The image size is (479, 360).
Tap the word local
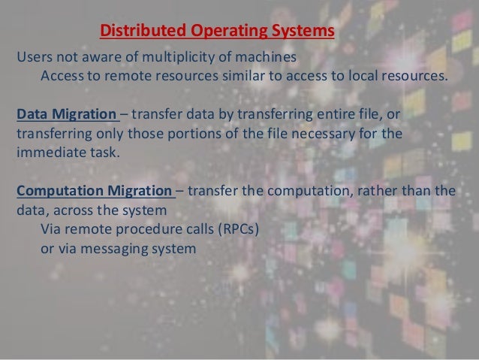coord(360,76)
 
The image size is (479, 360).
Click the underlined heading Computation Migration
coord(95,189)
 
